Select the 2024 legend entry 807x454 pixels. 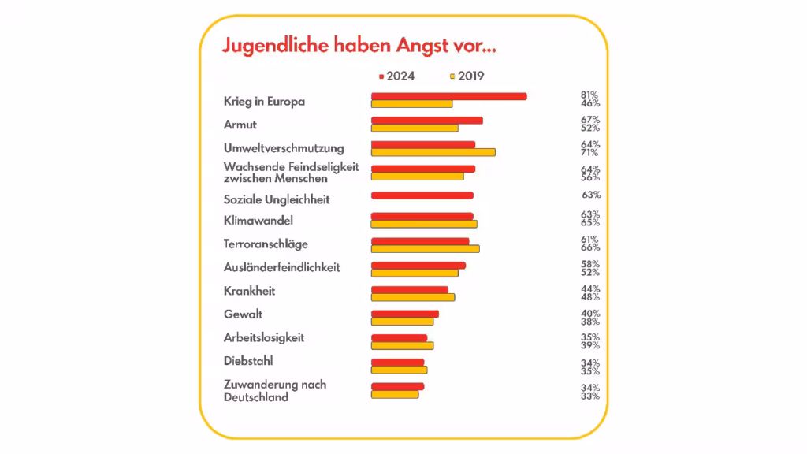click(x=396, y=76)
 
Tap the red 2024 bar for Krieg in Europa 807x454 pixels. click(x=448, y=96)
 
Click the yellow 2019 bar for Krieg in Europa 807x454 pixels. click(x=411, y=104)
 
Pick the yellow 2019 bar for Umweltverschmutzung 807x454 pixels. click(x=433, y=152)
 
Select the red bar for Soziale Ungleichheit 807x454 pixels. click(x=422, y=195)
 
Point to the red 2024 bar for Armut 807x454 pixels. click(x=426, y=121)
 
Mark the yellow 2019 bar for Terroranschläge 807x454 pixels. click(x=425, y=249)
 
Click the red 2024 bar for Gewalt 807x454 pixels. click(x=404, y=314)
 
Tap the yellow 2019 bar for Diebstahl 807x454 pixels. click(x=399, y=370)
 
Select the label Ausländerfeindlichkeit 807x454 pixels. click(x=281, y=268)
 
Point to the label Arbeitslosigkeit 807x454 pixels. click(x=263, y=338)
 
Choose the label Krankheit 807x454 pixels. click(x=249, y=292)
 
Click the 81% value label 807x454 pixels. click(x=589, y=95)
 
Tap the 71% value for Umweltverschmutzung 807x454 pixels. click(x=589, y=153)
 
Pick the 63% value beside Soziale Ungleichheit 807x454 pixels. click(x=591, y=195)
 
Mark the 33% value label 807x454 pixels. click(x=590, y=396)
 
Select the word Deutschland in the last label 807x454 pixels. click(x=255, y=397)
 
